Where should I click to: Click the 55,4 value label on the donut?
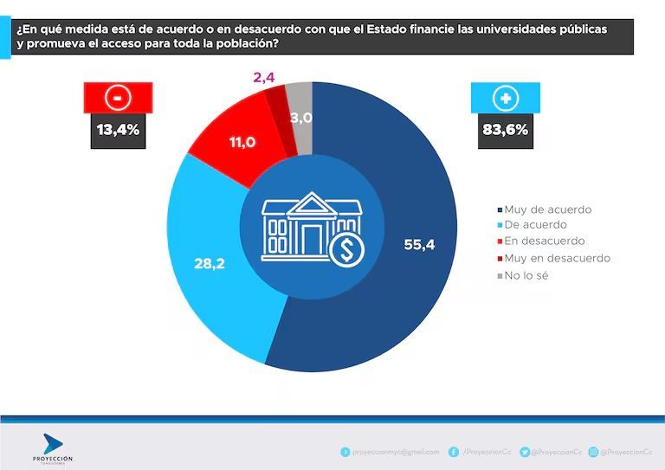(418, 244)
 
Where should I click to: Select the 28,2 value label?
(209, 263)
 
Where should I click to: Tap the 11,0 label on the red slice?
(242, 142)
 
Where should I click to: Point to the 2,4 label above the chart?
(263, 79)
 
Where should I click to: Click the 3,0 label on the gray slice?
(301, 118)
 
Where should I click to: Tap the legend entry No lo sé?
(526, 275)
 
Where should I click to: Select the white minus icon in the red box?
(117, 98)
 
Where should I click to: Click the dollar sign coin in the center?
(347, 249)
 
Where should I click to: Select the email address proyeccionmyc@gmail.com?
(395, 452)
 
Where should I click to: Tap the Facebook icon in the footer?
(454, 452)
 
